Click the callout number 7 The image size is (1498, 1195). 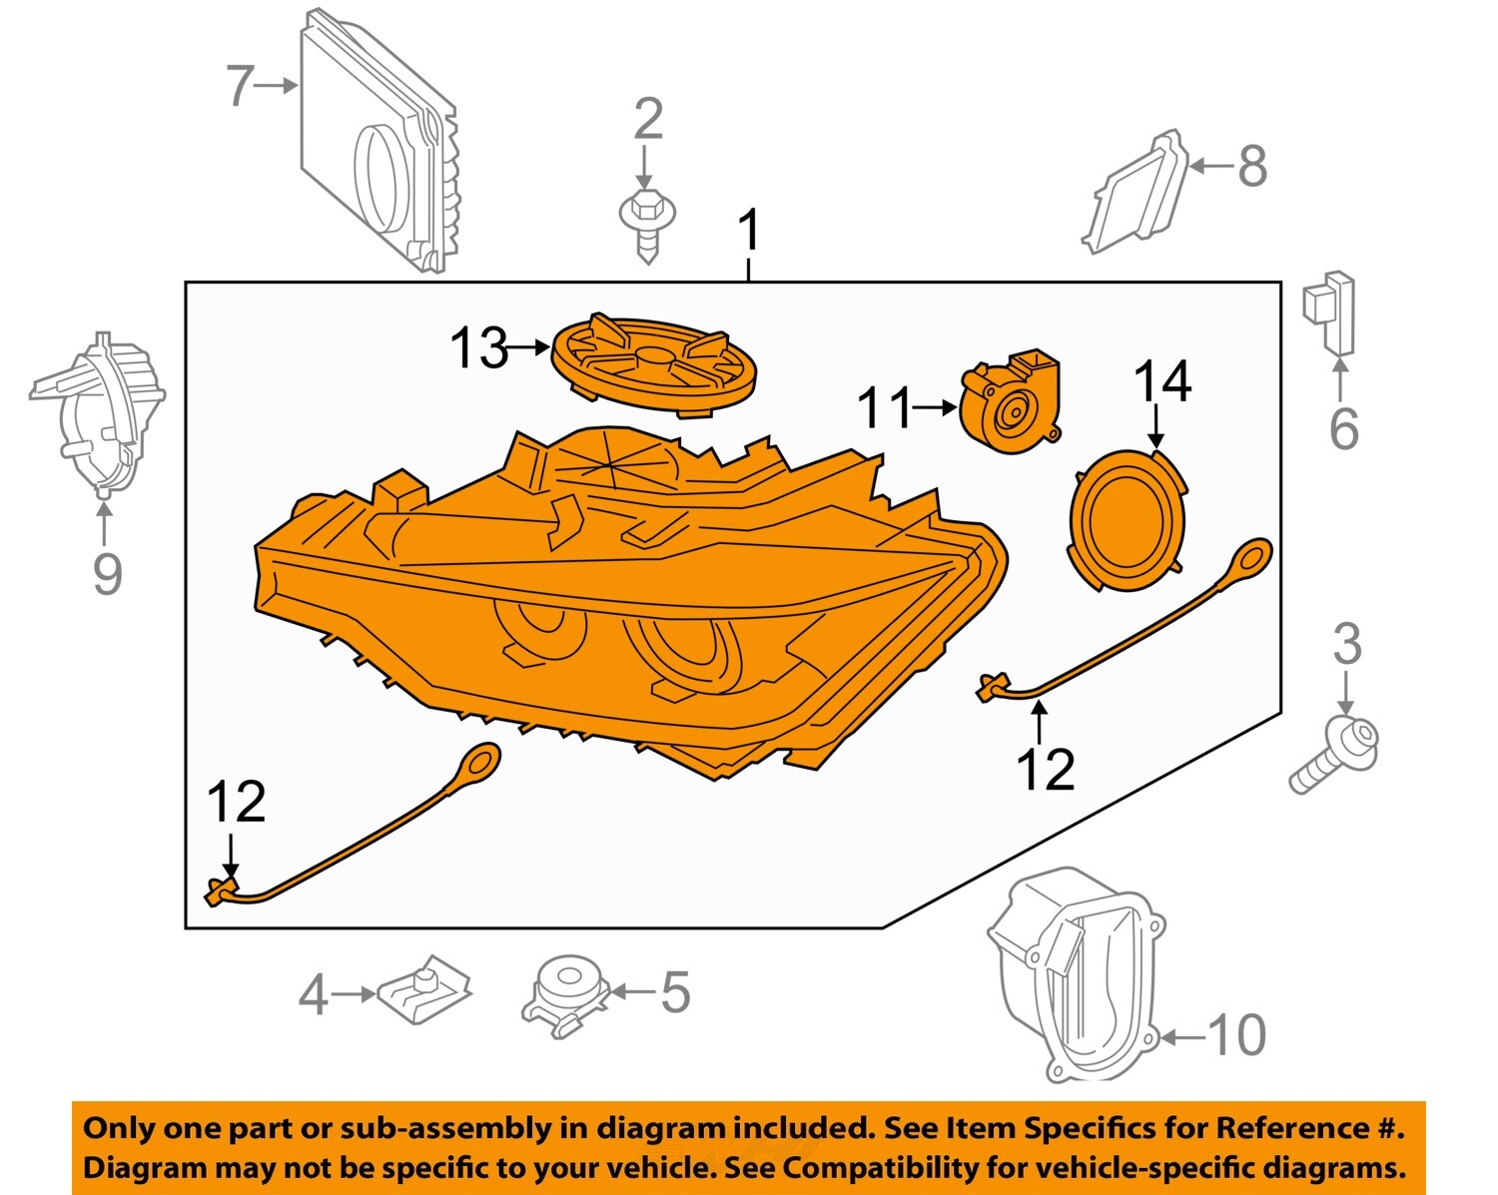pos(240,86)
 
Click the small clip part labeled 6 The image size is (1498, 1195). pos(1331,313)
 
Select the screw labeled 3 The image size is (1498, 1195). pos(1333,754)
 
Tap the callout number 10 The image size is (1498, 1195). pos(1236,1036)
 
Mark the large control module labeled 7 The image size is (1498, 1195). pos(379,150)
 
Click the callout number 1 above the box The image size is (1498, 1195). pos(748,232)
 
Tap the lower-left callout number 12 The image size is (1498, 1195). pos(237,804)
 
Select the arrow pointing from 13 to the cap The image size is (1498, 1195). pos(528,348)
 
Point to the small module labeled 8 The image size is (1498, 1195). pos(1136,194)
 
